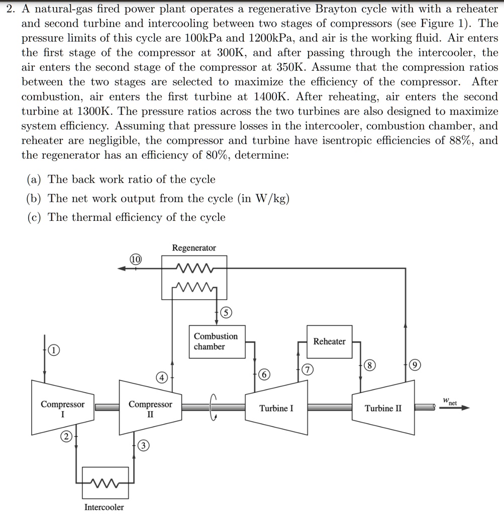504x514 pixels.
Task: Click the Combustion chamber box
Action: coord(216,341)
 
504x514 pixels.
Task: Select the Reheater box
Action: coord(329,341)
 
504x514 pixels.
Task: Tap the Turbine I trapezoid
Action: coord(276,408)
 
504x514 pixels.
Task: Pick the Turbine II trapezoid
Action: coord(383,408)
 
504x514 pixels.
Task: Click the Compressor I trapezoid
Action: coord(62,408)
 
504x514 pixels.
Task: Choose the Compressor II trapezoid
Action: coord(150,408)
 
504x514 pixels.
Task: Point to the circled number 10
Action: coord(136,260)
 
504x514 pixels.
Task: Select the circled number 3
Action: coord(143,446)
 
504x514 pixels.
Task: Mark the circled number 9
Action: coord(414,366)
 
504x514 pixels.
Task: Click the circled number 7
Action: coord(307,370)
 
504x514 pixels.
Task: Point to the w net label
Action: coord(450,402)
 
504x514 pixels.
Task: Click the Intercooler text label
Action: coord(104,507)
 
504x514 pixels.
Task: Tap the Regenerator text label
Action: coord(194,248)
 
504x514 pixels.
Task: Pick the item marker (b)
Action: coord(34,198)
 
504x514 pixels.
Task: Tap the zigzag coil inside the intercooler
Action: coord(104,482)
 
